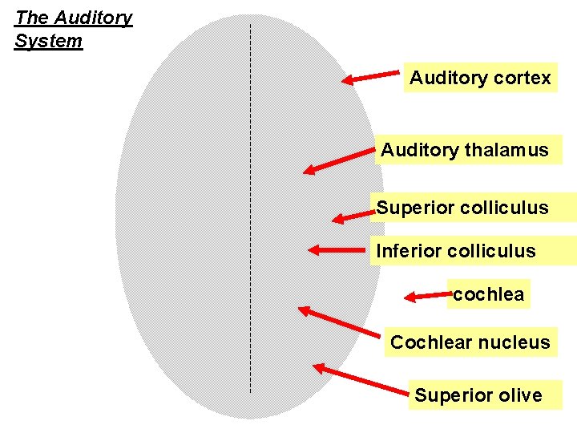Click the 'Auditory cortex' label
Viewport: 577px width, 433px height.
(x=480, y=78)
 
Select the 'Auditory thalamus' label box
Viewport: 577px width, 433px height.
(x=466, y=150)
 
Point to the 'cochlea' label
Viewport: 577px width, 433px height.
(x=488, y=294)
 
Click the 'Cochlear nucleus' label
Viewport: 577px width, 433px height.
(x=470, y=342)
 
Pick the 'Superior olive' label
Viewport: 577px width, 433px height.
(x=478, y=395)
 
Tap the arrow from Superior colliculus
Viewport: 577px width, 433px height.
(x=353, y=215)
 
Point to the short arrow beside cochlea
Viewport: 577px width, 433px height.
(x=427, y=296)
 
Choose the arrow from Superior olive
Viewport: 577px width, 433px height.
(x=361, y=380)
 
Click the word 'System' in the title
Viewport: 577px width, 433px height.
(x=48, y=40)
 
